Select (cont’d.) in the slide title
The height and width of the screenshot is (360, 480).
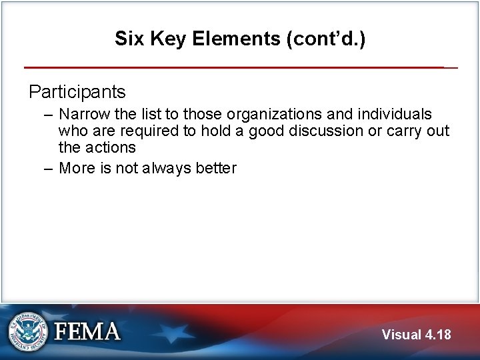(x=325, y=39)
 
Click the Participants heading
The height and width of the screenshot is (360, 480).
(x=77, y=91)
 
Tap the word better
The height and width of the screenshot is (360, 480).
(x=216, y=169)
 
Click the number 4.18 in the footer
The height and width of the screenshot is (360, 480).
(x=438, y=335)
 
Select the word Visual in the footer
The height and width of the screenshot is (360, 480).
(x=402, y=335)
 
